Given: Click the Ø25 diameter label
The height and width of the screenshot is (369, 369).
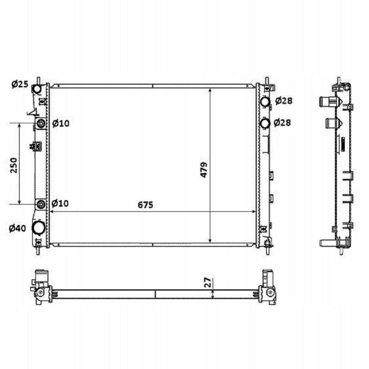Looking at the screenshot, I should pos(19,84).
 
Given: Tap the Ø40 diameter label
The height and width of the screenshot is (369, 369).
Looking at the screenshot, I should pos(18,228).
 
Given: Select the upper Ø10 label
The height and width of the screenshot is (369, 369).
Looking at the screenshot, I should pos(61,124).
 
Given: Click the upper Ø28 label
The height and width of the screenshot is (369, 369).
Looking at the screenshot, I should pos(284,101).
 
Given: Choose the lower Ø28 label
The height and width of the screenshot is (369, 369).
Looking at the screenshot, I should pos(282,123).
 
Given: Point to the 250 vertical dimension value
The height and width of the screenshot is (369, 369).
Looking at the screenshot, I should pos(14,165).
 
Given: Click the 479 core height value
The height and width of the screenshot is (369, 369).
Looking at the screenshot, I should pos(204,170).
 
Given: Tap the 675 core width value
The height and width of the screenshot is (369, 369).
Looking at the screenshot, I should pos(146,205).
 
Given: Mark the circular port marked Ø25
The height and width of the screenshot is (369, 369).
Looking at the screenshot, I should pos(37,89).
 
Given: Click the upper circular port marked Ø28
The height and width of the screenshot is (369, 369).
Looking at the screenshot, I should pos(266,101).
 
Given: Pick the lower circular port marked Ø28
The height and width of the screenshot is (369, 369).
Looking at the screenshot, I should pos(266,124).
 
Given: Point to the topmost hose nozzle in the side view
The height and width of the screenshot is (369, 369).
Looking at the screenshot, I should pos(327,101).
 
